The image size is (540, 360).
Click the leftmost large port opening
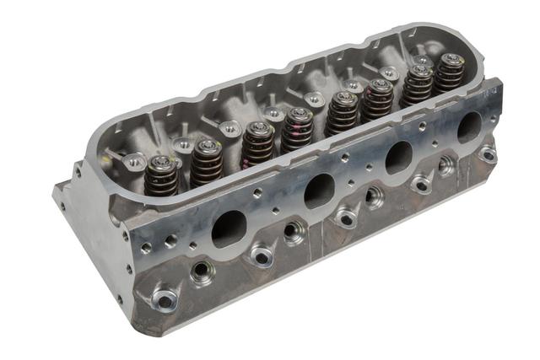coord(229,228)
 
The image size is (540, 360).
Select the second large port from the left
coord(319,191)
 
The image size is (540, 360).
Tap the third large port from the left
coord(398,157)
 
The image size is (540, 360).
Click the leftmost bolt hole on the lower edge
coord(165,299)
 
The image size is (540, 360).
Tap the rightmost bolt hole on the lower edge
coord(487,155)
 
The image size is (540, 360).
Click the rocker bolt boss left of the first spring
coord(132,160)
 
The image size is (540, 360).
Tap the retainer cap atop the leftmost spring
coord(160,160)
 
